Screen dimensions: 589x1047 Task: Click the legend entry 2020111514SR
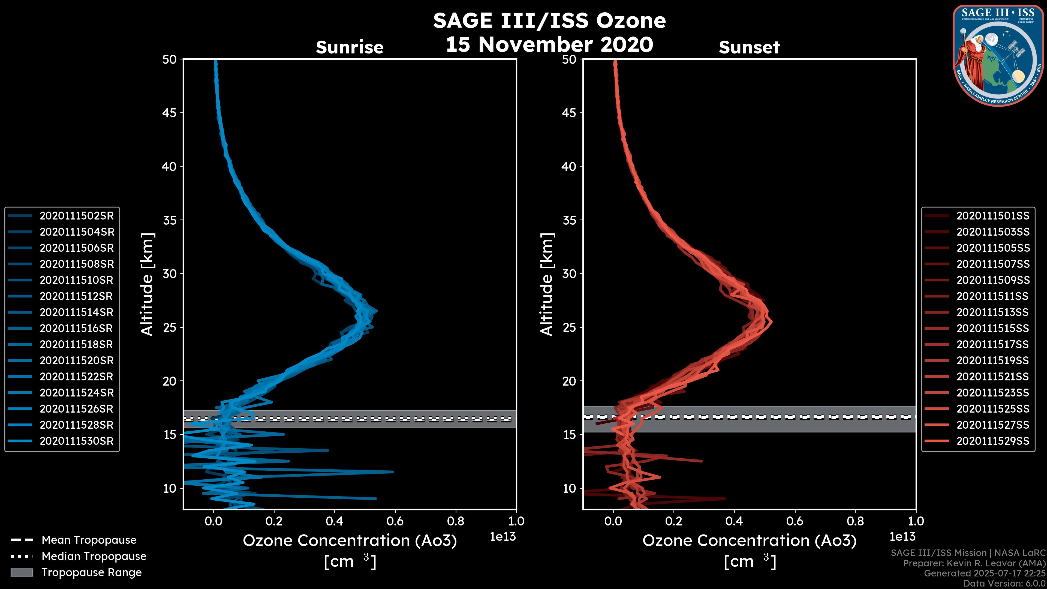[76, 312]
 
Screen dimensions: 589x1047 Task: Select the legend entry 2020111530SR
[76, 441]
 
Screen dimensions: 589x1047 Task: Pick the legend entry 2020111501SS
[992, 216]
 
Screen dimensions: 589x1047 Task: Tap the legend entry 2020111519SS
[992, 360]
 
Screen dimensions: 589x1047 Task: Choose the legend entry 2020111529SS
[992, 441]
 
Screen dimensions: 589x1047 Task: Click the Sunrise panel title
[350, 47]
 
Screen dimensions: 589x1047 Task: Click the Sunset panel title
[749, 47]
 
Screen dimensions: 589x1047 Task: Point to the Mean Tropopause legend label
[89, 540]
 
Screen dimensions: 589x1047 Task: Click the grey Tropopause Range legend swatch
[22, 572]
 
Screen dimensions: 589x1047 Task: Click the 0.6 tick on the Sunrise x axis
[395, 521]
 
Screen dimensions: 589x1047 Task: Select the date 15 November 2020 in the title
[549, 45]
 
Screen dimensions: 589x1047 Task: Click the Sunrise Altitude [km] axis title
[147, 284]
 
